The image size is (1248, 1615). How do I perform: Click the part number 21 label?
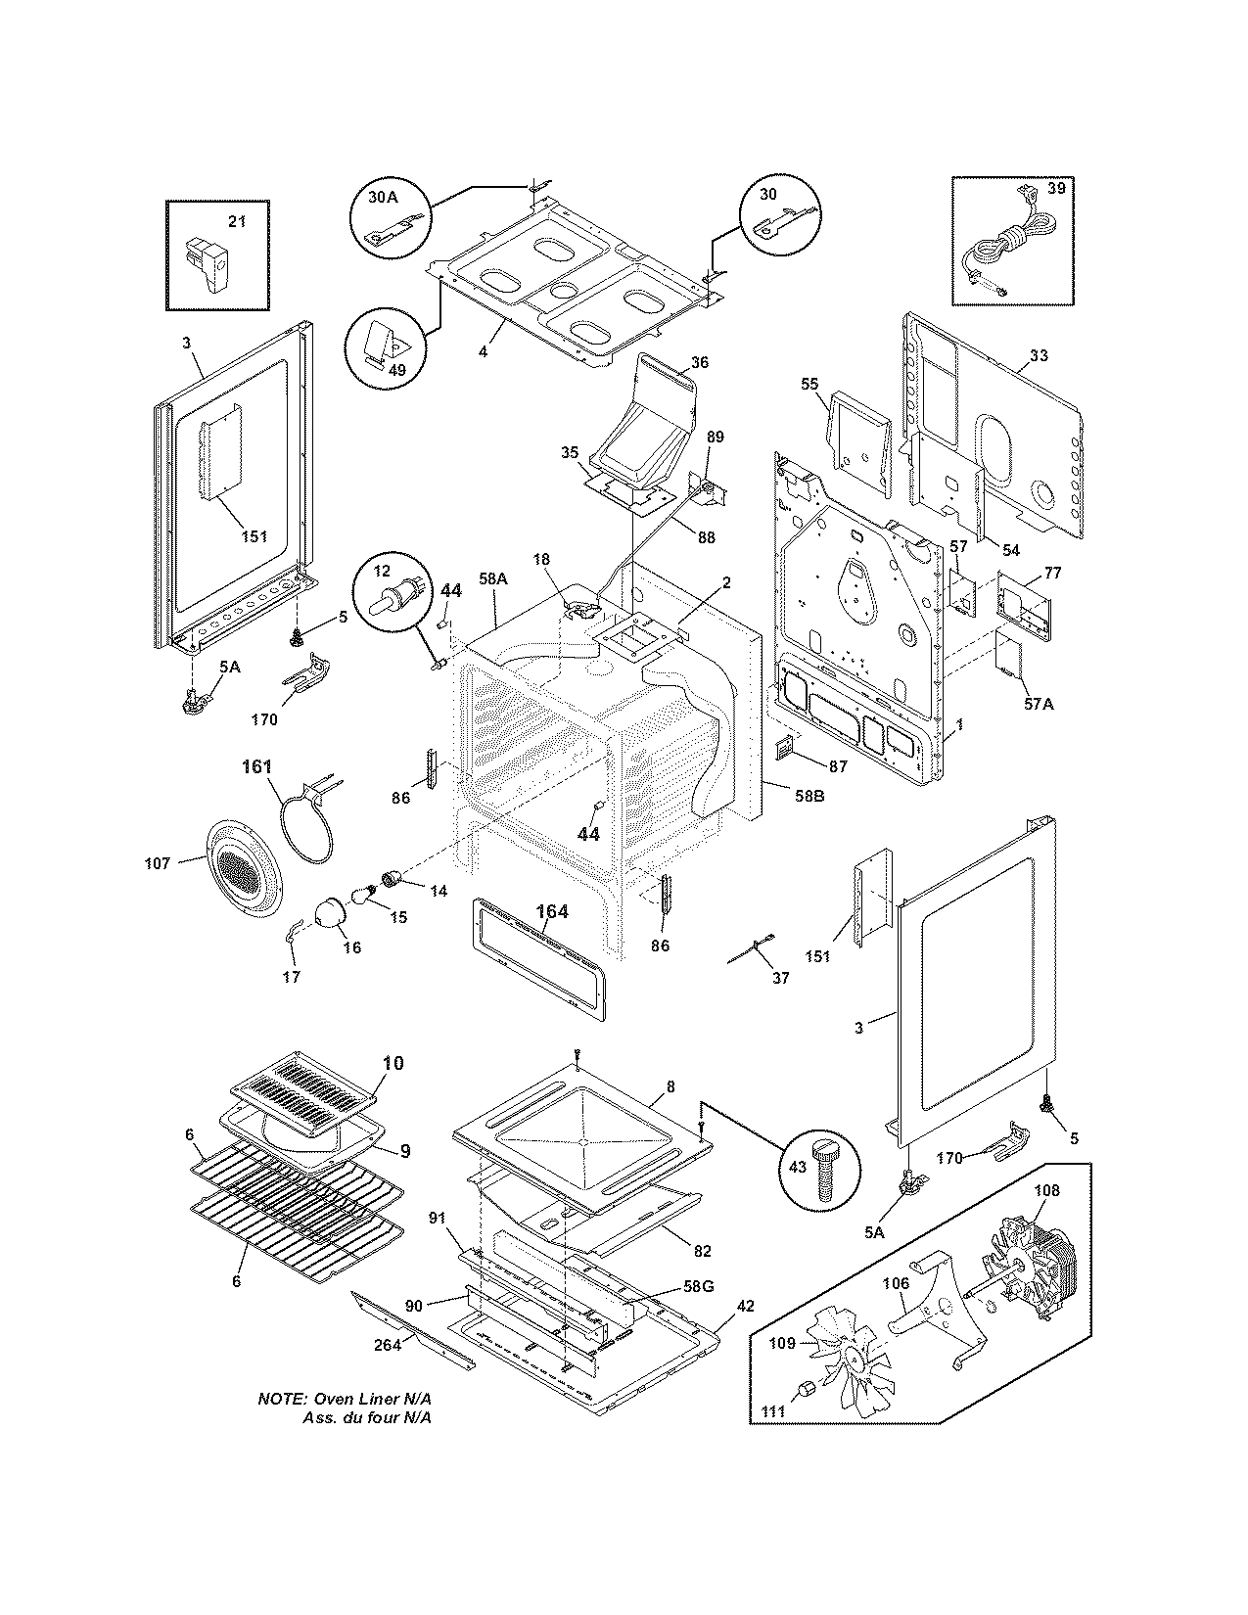tap(236, 221)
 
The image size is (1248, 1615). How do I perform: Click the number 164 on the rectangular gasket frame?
tap(551, 911)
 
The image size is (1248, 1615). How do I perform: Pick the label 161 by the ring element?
tap(256, 766)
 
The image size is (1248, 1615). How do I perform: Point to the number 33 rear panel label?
tap(1039, 356)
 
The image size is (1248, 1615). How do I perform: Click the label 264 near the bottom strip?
tap(387, 1345)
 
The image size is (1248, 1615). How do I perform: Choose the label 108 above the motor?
tap(1046, 1191)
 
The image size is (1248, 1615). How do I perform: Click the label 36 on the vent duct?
tap(699, 362)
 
